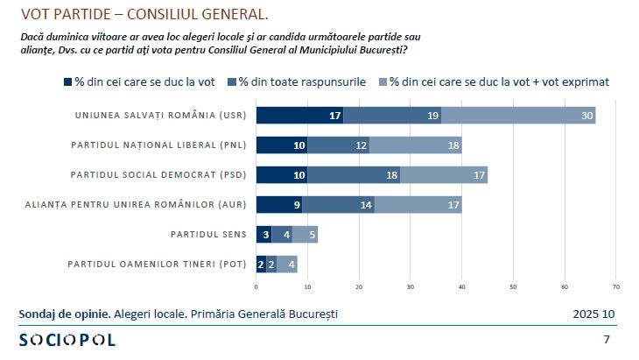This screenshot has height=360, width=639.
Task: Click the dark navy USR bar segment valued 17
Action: point(299,115)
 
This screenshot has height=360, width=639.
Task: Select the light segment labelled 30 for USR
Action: point(518,115)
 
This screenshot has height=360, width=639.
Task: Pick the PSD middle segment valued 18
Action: point(354,175)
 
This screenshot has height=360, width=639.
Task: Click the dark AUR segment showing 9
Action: point(279,205)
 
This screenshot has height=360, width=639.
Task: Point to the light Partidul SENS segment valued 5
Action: point(305,235)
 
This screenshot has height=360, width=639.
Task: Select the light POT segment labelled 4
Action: point(287,265)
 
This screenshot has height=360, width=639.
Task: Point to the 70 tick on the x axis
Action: point(616,286)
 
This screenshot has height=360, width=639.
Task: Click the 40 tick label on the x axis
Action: point(462,286)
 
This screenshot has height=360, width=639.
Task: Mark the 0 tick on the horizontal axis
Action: point(256,286)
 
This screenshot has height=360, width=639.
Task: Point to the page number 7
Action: point(607,340)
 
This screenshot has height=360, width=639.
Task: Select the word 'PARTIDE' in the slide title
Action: point(81,15)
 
